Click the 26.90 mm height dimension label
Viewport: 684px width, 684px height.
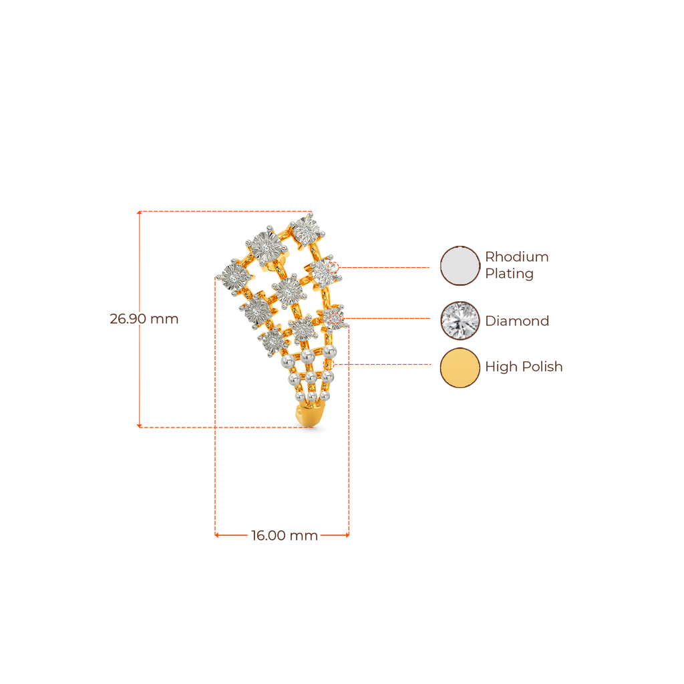click(x=144, y=319)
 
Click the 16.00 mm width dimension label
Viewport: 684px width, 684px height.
click(x=285, y=535)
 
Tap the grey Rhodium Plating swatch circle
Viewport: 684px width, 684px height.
click(x=460, y=266)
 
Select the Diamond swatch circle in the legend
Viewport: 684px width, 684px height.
click(x=460, y=321)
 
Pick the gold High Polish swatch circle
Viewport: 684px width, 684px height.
click(x=460, y=367)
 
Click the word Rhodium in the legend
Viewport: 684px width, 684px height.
click(x=516, y=256)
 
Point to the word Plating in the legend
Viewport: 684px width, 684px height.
click(x=509, y=274)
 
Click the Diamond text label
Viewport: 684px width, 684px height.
click(x=517, y=321)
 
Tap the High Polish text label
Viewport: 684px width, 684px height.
click(x=524, y=367)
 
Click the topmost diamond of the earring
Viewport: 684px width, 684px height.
click(x=307, y=230)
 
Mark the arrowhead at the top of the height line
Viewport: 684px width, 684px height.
click(x=139, y=213)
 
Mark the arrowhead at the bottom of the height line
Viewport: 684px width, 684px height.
click(x=139, y=425)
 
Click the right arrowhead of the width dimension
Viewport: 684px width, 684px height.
click(x=347, y=535)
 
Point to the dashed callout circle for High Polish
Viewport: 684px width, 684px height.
click(x=328, y=364)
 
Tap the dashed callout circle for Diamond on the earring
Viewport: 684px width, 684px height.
click(x=335, y=319)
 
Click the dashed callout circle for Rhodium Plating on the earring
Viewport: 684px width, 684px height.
click(x=333, y=267)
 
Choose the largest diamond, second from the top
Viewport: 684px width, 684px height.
click(x=267, y=246)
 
